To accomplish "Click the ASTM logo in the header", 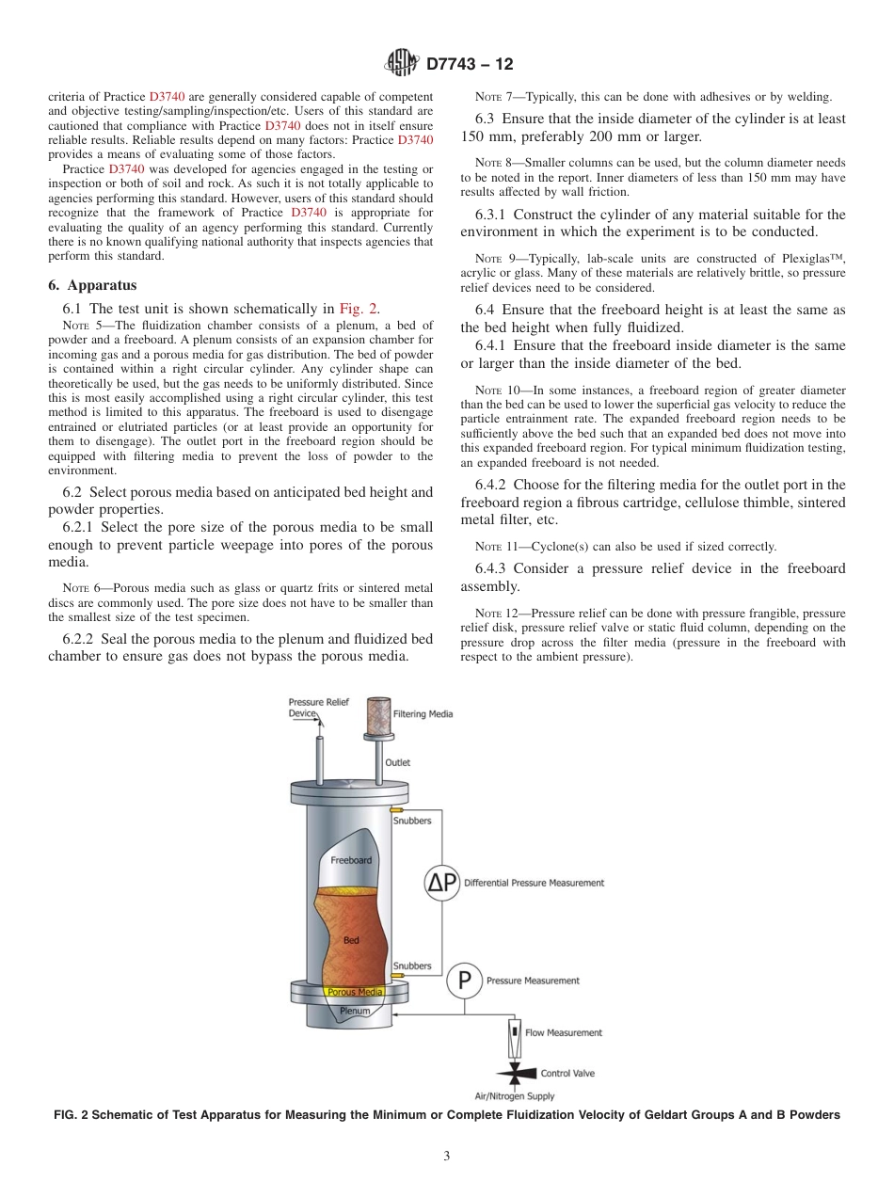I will (404, 64).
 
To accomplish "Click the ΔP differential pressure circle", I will (441, 882).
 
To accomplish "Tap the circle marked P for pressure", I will (463, 981).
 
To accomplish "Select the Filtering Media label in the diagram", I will (423, 714).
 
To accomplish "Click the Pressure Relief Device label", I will (318, 708).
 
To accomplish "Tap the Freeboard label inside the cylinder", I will (350, 860).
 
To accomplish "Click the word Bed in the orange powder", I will (351, 940).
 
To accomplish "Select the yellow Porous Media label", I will (355, 992).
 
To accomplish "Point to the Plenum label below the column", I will (355, 1011).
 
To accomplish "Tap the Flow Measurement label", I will (563, 1032).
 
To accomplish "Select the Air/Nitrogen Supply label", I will (514, 1095).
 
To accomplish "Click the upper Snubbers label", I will (412, 821).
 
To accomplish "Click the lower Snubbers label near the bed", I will (412, 966).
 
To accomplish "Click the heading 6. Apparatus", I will (92, 285).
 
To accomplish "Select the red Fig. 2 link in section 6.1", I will (359, 308).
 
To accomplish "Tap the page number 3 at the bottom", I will (446, 1156).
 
